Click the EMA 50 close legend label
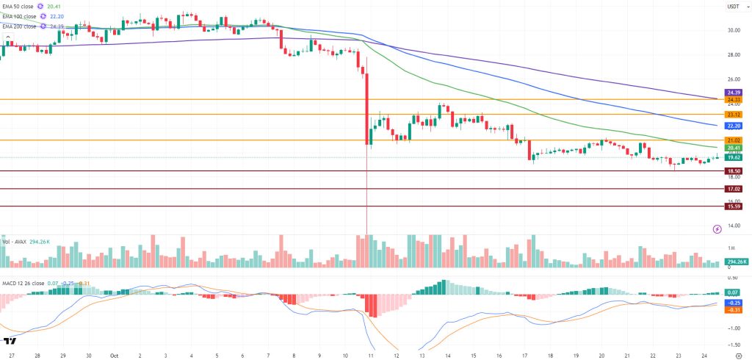[x=20, y=7]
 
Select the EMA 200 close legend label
[x=21, y=26]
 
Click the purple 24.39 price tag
[x=732, y=92]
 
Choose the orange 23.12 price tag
[x=732, y=115]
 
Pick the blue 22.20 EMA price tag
[x=732, y=126]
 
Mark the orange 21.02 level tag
[x=732, y=140]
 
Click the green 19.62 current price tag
[x=732, y=157]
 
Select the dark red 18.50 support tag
[x=732, y=170]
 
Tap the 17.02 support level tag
[x=732, y=189]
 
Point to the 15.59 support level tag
[x=732, y=206]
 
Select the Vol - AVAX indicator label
[x=18, y=242]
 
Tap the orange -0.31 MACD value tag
[x=732, y=310]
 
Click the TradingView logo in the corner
[x=10, y=342]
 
